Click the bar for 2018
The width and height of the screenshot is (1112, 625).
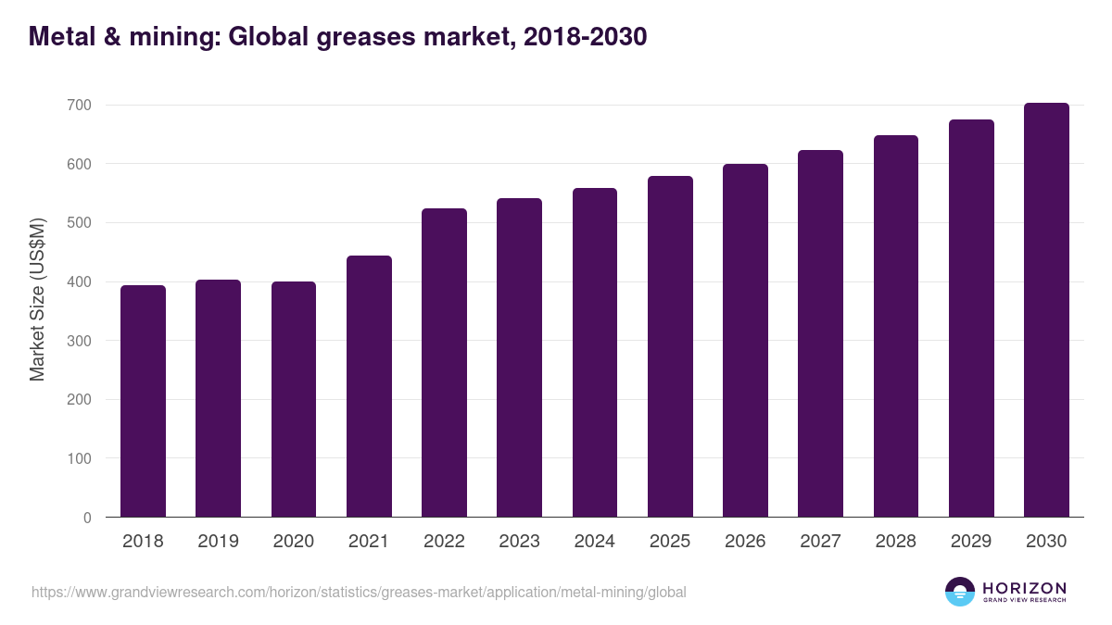pyautogui.click(x=143, y=401)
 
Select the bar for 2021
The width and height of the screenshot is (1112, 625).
pyautogui.click(x=369, y=386)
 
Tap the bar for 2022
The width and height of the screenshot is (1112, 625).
pyautogui.click(x=444, y=363)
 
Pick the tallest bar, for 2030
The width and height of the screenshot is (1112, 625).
pyautogui.click(x=1046, y=310)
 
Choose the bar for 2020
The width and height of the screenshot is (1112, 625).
pyautogui.click(x=294, y=399)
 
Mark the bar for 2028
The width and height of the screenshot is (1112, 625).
pyautogui.click(x=896, y=326)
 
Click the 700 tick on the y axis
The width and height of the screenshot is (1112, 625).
pyautogui.click(x=79, y=106)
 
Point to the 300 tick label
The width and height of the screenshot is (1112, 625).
pyautogui.click(x=79, y=341)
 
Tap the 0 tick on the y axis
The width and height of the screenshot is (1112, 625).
pyautogui.click(x=87, y=518)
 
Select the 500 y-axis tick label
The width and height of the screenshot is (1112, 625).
pyautogui.click(x=79, y=223)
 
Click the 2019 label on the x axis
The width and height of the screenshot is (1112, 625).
pyautogui.click(x=219, y=542)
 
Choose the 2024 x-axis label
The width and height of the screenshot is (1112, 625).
pyautogui.click(x=595, y=542)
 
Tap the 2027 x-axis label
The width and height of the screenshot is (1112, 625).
pyautogui.click(x=820, y=542)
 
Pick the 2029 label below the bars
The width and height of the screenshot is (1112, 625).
pyautogui.click(x=971, y=542)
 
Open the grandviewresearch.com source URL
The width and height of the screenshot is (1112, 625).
pyautogui.click(x=359, y=592)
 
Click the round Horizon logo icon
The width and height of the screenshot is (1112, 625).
pyautogui.click(x=960, y=592)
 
